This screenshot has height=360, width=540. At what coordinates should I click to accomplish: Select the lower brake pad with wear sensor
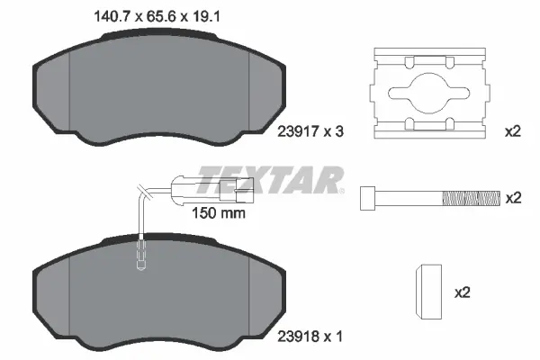click(157, 292)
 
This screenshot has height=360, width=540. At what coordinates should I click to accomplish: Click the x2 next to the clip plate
click(512, 131)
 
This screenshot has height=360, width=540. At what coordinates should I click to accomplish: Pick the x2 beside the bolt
click(512, 197)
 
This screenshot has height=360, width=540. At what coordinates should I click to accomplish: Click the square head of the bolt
click(367, 197)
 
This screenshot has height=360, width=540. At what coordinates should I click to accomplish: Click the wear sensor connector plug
click(234, 188)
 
